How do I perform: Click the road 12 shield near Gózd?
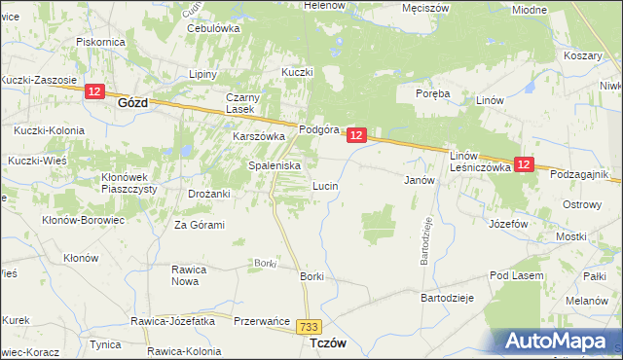click(x=94, y=91)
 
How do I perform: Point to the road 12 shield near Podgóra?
click(x=356, y=136)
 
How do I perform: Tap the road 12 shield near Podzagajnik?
click(x=524, y=165)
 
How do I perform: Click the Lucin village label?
click(x=324, y=184)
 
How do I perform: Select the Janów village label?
click(x=418, y=180)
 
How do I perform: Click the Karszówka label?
click(x=257, y=137)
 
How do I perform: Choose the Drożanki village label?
click(x=209, y=194)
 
